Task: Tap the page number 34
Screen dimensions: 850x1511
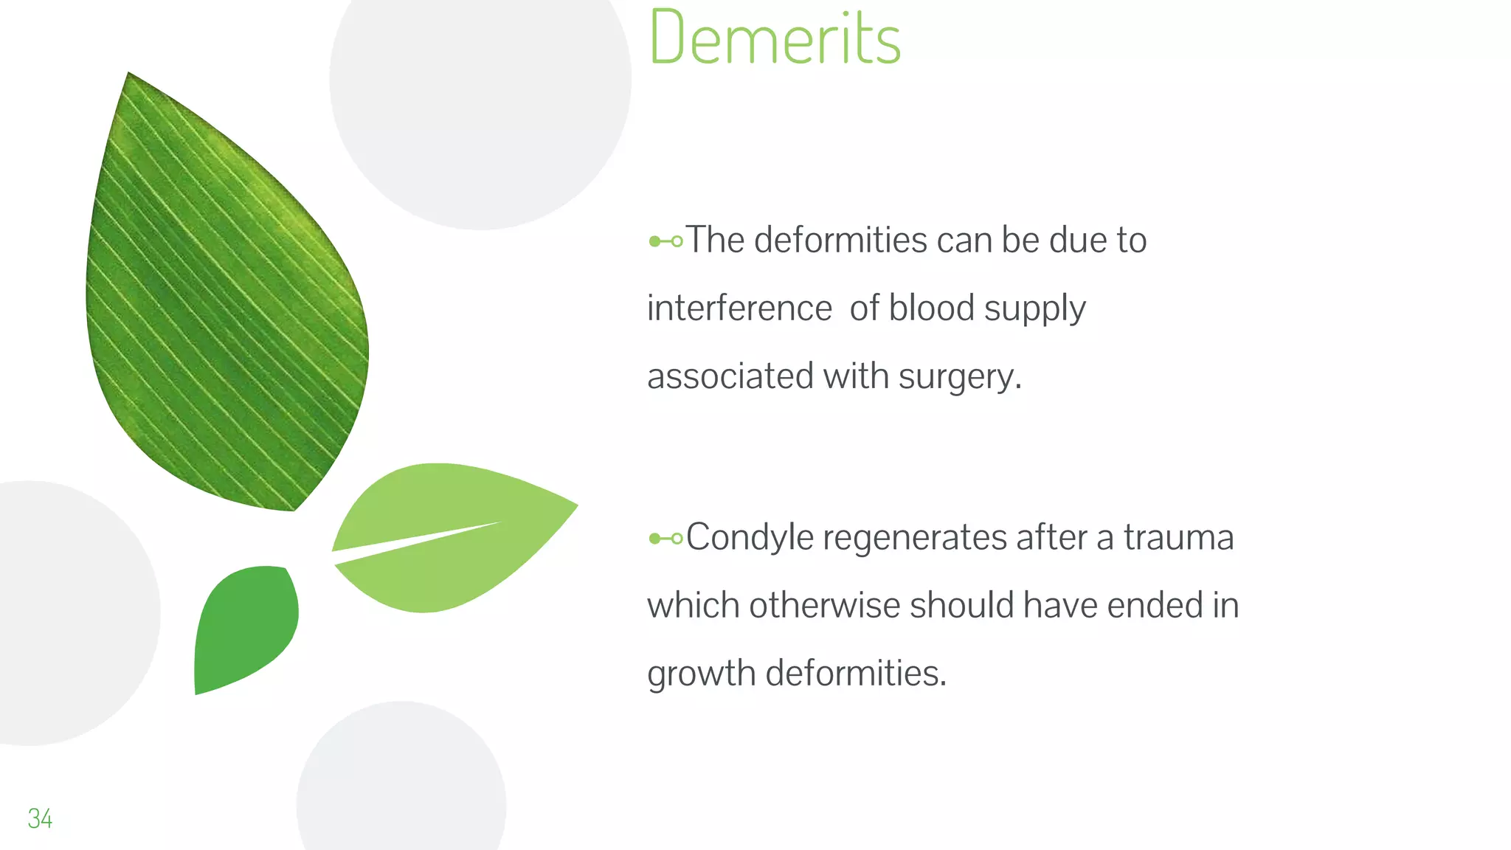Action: point(40,818)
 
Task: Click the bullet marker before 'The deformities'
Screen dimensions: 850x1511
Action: point(665,241)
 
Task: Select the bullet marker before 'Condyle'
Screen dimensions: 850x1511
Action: point(665,539)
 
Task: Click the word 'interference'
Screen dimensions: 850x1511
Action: point(739,308)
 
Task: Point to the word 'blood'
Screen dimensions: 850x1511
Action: point(931,308)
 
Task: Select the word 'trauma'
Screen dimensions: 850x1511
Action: point(1178,537)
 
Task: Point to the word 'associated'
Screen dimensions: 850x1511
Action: point(730,376)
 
